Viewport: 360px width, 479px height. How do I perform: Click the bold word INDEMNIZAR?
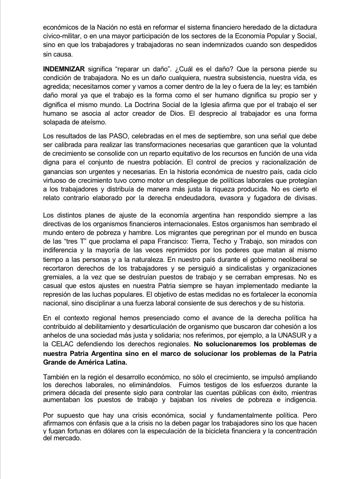[x=63, y=70]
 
